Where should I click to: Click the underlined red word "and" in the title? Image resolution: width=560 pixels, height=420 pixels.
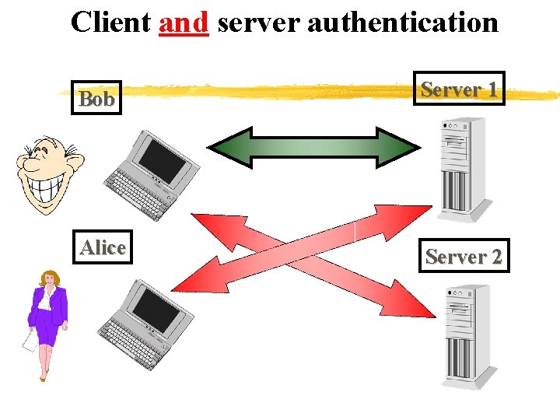point(184,22)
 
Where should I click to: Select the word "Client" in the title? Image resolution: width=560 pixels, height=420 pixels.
point(110,22)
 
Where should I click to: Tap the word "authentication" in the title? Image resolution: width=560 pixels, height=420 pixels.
point(402,22)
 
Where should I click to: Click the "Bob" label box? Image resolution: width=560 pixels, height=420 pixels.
point(97,99)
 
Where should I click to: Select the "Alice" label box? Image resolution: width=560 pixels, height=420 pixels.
point(103,247)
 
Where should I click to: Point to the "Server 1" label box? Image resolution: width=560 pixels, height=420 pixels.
point(460,89)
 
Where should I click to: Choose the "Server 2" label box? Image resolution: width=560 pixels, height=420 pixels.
point(464,255)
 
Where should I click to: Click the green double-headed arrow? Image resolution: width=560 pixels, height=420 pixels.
point(314,146)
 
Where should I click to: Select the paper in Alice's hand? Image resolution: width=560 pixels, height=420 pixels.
point(29,340)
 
